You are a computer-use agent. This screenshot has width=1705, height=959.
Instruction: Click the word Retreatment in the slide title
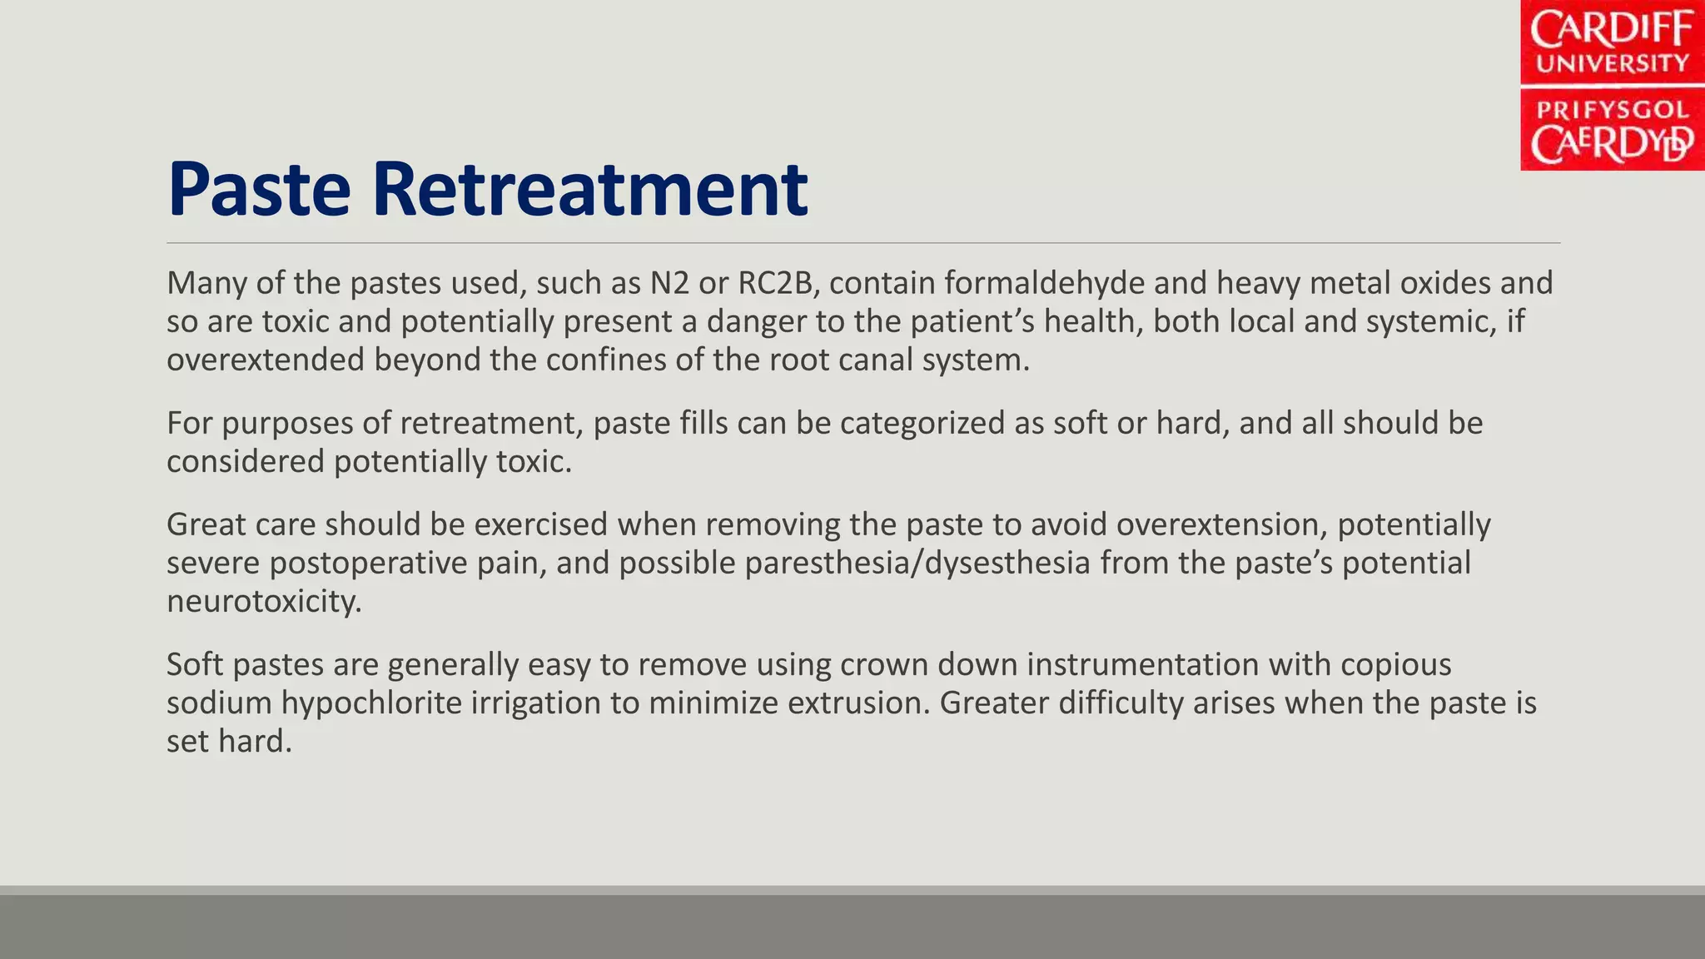tap(589, 190)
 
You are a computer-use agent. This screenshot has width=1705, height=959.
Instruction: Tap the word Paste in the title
tap(259, 190)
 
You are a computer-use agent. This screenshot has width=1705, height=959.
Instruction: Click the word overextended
tap(265, 360)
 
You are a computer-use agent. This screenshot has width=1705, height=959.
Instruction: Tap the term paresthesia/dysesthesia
tap(917, 563)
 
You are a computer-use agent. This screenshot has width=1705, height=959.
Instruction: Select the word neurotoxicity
tap(263, 601)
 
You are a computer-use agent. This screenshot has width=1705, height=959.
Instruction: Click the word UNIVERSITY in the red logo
tap(1612, 64)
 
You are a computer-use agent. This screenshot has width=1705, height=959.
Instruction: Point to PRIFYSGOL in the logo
tap(1612, 110)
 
